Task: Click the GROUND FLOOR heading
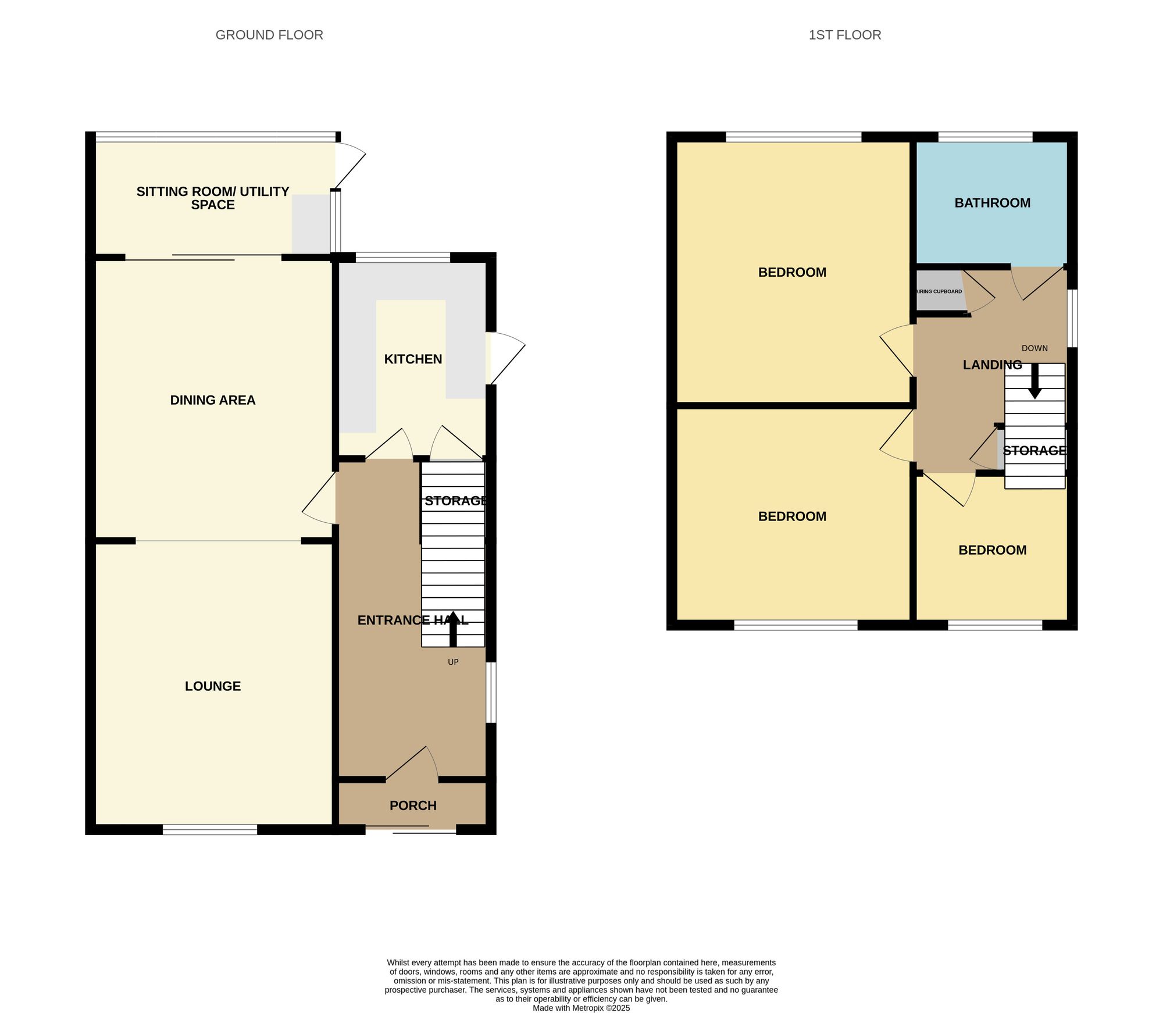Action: [x=269, y=35]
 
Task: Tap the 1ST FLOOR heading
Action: [x=844, y=35]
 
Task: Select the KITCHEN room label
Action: [x=413, y=359]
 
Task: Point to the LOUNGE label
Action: [x=213, y=686]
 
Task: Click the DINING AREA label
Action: [x=213, y=400]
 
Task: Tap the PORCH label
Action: [x=413, y=805]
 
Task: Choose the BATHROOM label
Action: [x=992, y=203]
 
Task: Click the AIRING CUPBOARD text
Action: [x=939, y=291]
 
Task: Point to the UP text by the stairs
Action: [x=453, y=662]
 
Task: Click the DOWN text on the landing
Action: [x=1034, y=348]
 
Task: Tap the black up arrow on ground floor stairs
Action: [x=453, y=629]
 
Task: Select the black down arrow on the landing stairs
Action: [x=1034, y=381]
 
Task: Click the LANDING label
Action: [x=992, y=365]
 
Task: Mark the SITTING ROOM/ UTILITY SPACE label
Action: [x=213, y=198]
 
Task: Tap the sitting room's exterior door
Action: [x=351, y=165]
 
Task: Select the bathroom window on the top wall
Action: [x=985, y=137]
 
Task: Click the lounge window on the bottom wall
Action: [x=209, y=829]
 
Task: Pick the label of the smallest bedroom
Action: [x=992, y=550]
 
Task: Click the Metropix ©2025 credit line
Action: [x=581, y=1008]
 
